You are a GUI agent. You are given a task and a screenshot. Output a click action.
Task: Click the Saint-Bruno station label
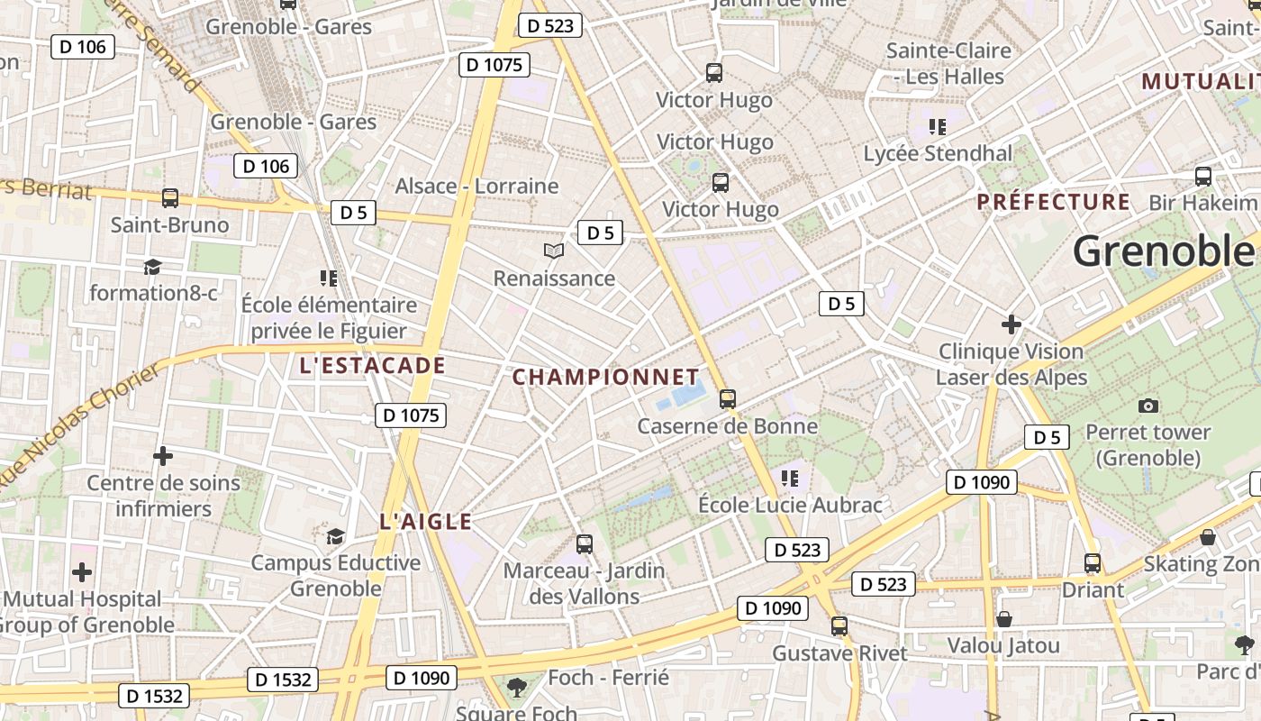169,224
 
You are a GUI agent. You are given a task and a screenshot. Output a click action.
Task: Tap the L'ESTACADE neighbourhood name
372,365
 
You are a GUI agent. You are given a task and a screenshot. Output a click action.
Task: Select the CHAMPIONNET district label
605,377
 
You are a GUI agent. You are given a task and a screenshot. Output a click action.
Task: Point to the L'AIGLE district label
425,521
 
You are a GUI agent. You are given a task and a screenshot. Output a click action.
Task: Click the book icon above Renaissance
554,251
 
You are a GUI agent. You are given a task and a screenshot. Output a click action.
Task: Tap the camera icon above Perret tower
1148,406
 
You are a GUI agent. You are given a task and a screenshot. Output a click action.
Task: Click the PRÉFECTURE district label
1053,201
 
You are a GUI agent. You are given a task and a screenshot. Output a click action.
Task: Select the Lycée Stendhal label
938,153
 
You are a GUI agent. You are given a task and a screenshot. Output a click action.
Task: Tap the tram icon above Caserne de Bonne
728,398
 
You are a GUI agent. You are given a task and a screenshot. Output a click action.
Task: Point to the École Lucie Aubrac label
790,505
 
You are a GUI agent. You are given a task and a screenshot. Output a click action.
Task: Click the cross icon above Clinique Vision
1012,324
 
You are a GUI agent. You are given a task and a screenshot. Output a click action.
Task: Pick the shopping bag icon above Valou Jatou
1003,619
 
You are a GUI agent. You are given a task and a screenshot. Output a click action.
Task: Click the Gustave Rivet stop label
839,653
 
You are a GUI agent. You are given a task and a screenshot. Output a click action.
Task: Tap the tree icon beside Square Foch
517,689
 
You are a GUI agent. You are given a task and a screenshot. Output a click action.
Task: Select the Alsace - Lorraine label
476,186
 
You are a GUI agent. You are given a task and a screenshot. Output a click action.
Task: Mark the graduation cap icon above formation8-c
152,267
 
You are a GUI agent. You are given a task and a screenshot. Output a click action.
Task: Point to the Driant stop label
1093,590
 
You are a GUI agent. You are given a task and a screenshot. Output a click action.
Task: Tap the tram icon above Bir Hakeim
1202,176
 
